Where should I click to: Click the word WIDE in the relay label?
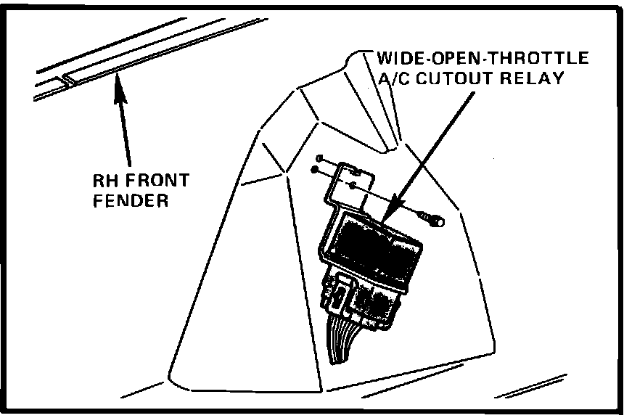click(x=396, y=58)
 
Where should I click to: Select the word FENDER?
click(x=131, y=201)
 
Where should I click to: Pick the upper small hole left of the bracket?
click(x=320, y=157)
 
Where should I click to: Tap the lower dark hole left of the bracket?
click(x=314, y=171)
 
